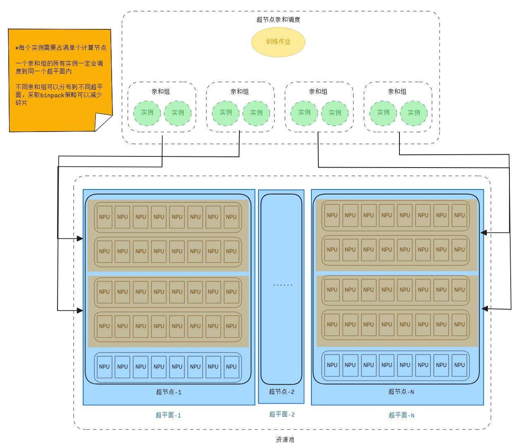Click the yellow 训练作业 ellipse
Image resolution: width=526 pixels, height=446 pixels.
coord(278,42)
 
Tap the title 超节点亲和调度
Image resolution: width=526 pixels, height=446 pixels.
coord(278,19)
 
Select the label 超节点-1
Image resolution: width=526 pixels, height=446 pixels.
coord(168,392)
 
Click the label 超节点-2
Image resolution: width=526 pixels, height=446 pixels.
coord(282,391)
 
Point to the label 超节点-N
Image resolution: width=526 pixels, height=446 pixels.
coord(401,391)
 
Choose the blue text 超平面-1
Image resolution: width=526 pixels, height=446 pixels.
coord(168,415)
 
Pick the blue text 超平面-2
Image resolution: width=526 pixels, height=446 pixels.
coord(282,415)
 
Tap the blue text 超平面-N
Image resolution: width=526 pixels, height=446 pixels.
coord(401,415)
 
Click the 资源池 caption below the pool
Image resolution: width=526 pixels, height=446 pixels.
coord(285,439)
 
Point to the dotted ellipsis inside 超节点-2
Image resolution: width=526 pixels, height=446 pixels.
coord(282,285)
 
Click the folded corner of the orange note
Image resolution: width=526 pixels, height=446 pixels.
coord(103,122)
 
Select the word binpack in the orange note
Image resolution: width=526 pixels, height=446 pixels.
coord(53,95)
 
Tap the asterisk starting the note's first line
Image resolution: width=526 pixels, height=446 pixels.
coord(17,48)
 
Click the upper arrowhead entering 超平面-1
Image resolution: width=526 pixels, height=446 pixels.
coord(80,239)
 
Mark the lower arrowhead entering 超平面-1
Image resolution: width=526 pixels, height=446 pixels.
coord(80,310)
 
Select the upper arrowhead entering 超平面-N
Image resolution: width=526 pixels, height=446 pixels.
coord(483,233)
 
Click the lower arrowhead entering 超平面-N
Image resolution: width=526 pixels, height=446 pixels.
coord(485,309)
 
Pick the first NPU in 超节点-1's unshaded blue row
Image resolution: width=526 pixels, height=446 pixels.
coord(104,367)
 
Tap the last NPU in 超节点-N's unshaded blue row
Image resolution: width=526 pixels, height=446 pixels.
coord(459,365)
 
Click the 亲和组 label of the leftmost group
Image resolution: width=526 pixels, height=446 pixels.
coord(160,92)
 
